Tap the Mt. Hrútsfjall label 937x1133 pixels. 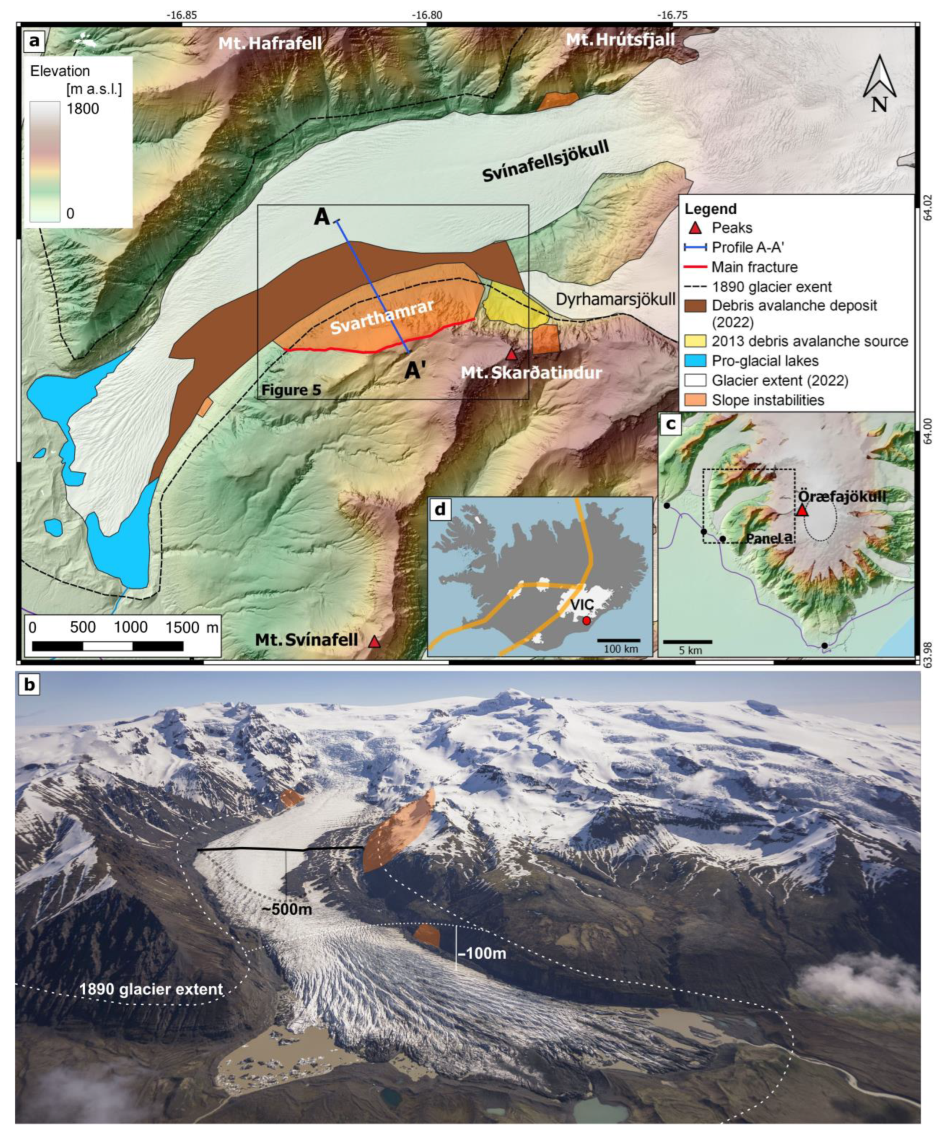tap(620, 39)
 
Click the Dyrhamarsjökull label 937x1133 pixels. tap(616, 299)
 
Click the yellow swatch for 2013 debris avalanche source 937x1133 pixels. tap(694, 341)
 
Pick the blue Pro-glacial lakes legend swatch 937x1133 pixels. tap(694, 360)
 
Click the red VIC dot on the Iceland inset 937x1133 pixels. tap(587, 621)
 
